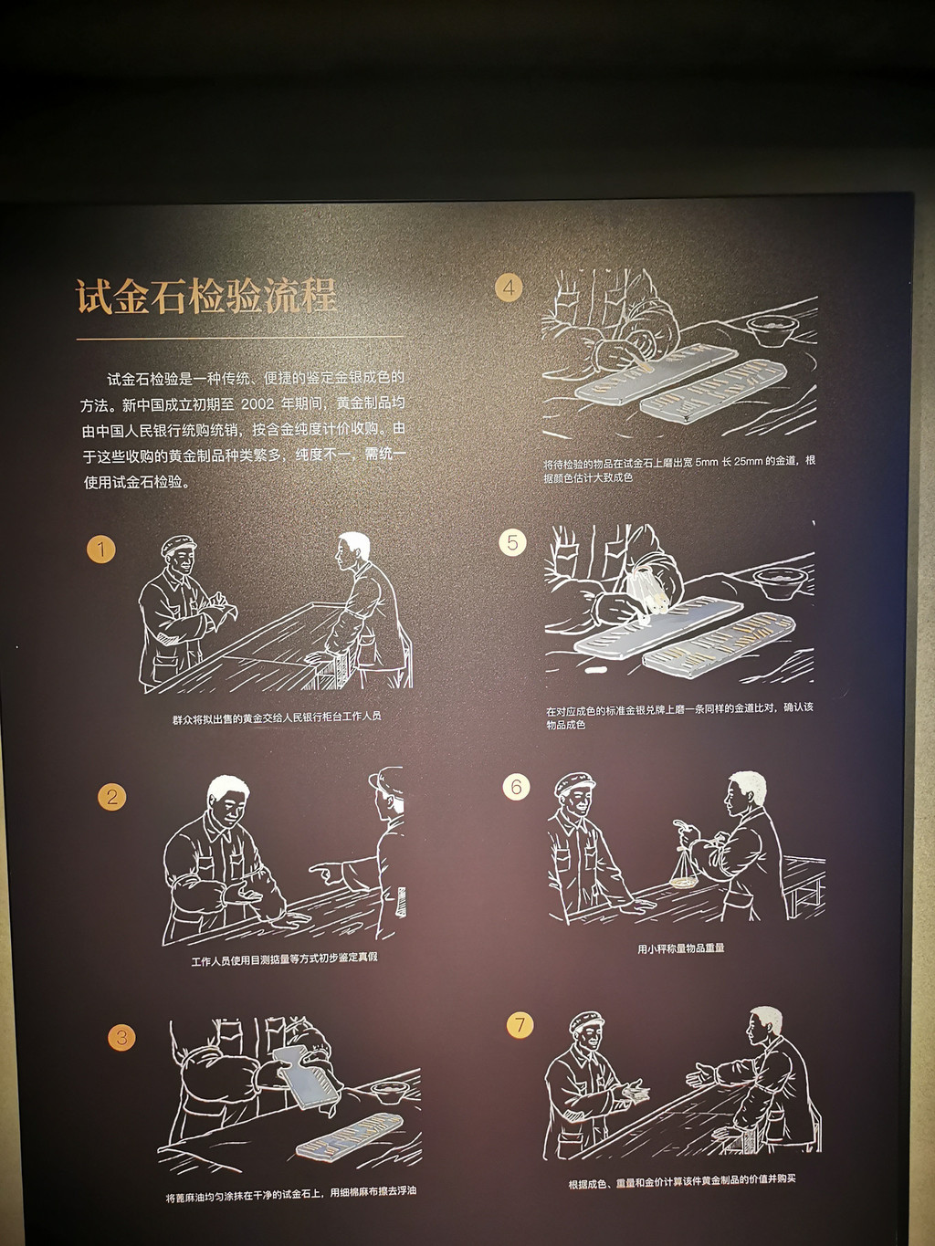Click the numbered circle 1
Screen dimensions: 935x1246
[101, 549]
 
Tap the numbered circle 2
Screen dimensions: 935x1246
[111, 797]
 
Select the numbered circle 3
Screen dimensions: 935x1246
[121, 1038]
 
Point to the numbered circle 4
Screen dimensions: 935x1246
[509, 288]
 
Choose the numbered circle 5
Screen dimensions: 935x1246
[512, 542]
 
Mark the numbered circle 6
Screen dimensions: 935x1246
[516, 786]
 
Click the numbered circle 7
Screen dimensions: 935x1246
[520, 1025]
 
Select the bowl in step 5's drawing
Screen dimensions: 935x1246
[780, 582]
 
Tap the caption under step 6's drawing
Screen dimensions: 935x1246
[680, 948]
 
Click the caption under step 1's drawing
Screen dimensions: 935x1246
[277, 717]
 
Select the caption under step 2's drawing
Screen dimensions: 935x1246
[284, 957]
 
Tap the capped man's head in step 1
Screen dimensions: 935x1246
[179, 555]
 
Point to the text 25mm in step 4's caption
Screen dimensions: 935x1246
[748, 461]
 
